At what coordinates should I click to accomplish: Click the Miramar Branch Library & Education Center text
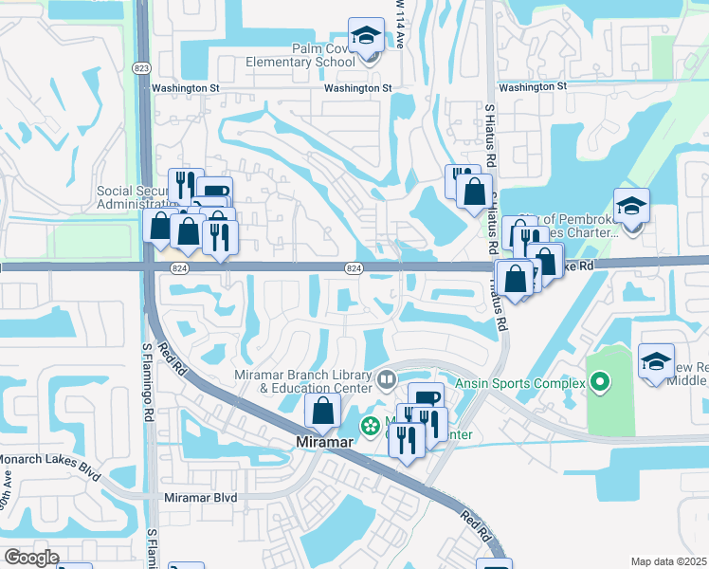pyautogui.click(x=306, y=381)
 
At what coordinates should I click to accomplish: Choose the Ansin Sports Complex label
pyautogui.click(x=521, y=383)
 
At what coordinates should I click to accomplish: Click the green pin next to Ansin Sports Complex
pyautogui.click(x=599, y=383)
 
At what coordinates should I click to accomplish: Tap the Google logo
pyautogui.click(x=31, y=557)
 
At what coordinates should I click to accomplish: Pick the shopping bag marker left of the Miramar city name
pyautogui.click(x=323, y=411)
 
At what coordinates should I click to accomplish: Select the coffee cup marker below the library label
pyautogui.click(x=426, y=398)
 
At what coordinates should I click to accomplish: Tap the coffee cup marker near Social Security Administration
pyautogui.click(x=214, y=192)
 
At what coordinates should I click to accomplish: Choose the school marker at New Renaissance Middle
pyautogui.click(x=656, y=361)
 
